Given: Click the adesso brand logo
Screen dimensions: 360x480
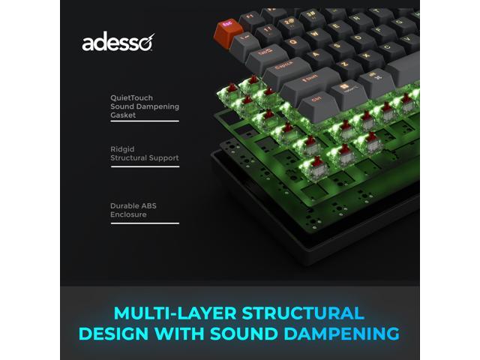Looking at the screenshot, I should (117, 43).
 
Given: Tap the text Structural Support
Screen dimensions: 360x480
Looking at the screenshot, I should (144, 158).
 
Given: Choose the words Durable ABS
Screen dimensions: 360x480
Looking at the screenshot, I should (133, 205).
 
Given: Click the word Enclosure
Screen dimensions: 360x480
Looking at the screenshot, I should (128, 214).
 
